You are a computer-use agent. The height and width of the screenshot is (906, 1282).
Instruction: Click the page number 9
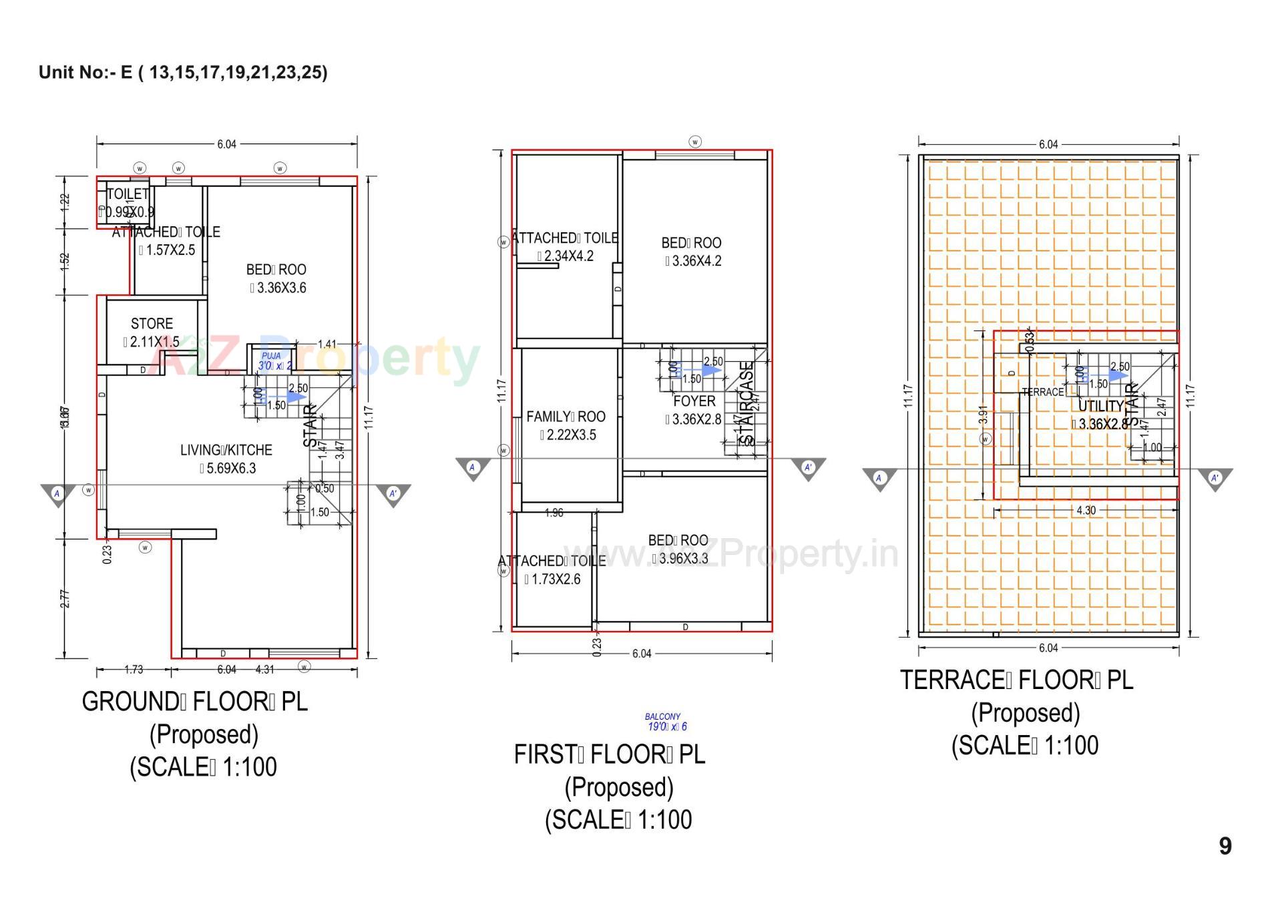click(x=1225, y=846)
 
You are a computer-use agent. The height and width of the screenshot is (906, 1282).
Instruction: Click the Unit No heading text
click(x=183, y=72)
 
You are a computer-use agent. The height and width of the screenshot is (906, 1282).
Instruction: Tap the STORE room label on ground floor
click(x=152, y=324)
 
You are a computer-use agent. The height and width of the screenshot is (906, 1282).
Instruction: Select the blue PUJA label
click(x=271, y=357)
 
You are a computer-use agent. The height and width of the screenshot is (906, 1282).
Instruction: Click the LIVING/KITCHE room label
click(x=226, y=450)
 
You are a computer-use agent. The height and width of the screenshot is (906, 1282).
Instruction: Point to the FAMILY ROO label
click(x=566, y=417)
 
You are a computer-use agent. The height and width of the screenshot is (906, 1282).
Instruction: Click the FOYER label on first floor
click(x=694, y=401)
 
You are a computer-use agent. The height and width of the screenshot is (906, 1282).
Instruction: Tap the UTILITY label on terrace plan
click(x=1101, y=406)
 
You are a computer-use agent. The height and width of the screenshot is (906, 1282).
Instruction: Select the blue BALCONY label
click(x=662, y=716)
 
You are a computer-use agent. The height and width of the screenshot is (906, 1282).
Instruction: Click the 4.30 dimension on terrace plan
click(x=1086, y=510)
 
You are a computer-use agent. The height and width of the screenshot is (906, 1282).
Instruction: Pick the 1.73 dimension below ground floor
click(x=134, y=669)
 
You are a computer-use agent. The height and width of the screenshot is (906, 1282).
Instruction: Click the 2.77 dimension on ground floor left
click(x=65, y=598)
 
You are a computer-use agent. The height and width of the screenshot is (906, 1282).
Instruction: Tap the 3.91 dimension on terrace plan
click(x=983, y=415)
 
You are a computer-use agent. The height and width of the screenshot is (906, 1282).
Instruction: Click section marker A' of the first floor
click(x=809, y=468)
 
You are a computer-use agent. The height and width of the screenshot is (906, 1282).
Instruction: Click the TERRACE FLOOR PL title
click(x=1016, y=680)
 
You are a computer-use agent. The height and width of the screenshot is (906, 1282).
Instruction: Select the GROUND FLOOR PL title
click(x=195, y=702)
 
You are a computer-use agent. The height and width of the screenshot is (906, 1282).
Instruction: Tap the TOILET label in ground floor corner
click(x=128, y=194)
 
